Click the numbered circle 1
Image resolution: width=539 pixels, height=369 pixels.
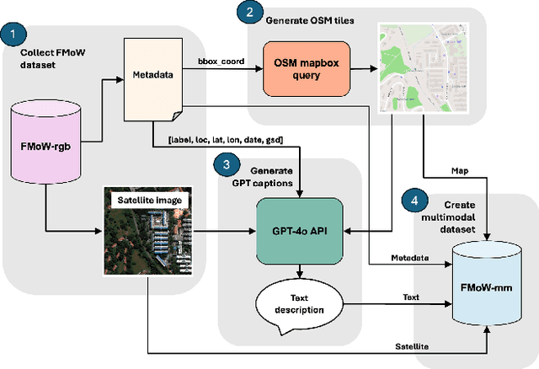13,34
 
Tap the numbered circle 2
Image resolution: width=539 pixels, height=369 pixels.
249,12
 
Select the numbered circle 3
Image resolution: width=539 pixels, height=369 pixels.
227,164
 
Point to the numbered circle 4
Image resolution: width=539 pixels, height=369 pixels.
414,201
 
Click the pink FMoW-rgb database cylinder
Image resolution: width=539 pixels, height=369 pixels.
45,142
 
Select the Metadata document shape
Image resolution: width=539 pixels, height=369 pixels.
153,79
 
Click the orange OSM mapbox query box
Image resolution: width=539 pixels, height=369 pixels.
307,69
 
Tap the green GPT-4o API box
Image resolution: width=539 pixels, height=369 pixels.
300,231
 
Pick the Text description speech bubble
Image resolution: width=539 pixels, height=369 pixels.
299,305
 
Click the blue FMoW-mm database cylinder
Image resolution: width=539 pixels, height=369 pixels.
486,283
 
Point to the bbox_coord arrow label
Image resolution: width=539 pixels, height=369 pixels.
221,61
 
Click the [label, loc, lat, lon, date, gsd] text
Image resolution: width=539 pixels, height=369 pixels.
226,140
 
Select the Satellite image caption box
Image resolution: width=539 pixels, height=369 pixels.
150,201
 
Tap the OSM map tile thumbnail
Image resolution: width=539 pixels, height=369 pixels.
423,67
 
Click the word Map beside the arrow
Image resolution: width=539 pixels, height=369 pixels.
460,171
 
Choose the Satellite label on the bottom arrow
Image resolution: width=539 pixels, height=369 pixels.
412,346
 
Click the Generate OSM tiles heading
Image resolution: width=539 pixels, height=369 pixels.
310,20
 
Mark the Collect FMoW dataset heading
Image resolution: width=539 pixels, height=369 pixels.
52,58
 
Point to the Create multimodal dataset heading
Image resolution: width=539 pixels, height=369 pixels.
449,217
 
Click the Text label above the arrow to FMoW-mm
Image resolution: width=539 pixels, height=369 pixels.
411,297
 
